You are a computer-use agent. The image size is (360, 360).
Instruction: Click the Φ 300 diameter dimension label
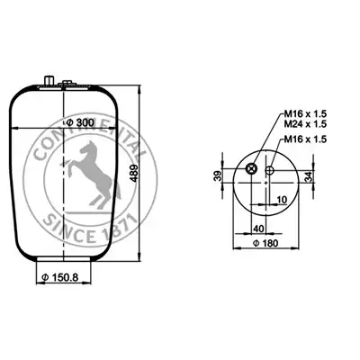click(x=80, y=122)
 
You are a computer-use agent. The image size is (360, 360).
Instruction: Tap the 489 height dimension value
click(x=135, y=173)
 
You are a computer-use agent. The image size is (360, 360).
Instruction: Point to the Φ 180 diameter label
click(x=265, y=243)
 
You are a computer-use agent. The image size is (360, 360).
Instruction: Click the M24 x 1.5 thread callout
click(x=305, y=123)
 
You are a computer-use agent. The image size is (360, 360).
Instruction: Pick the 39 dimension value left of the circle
click(x=218, y=175)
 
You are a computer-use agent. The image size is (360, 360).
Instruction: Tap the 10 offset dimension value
click(x=283, y=199)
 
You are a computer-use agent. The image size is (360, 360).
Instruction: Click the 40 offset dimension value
click(x=258, y=229)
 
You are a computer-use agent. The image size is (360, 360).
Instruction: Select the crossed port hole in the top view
click(x=251, y=169)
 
